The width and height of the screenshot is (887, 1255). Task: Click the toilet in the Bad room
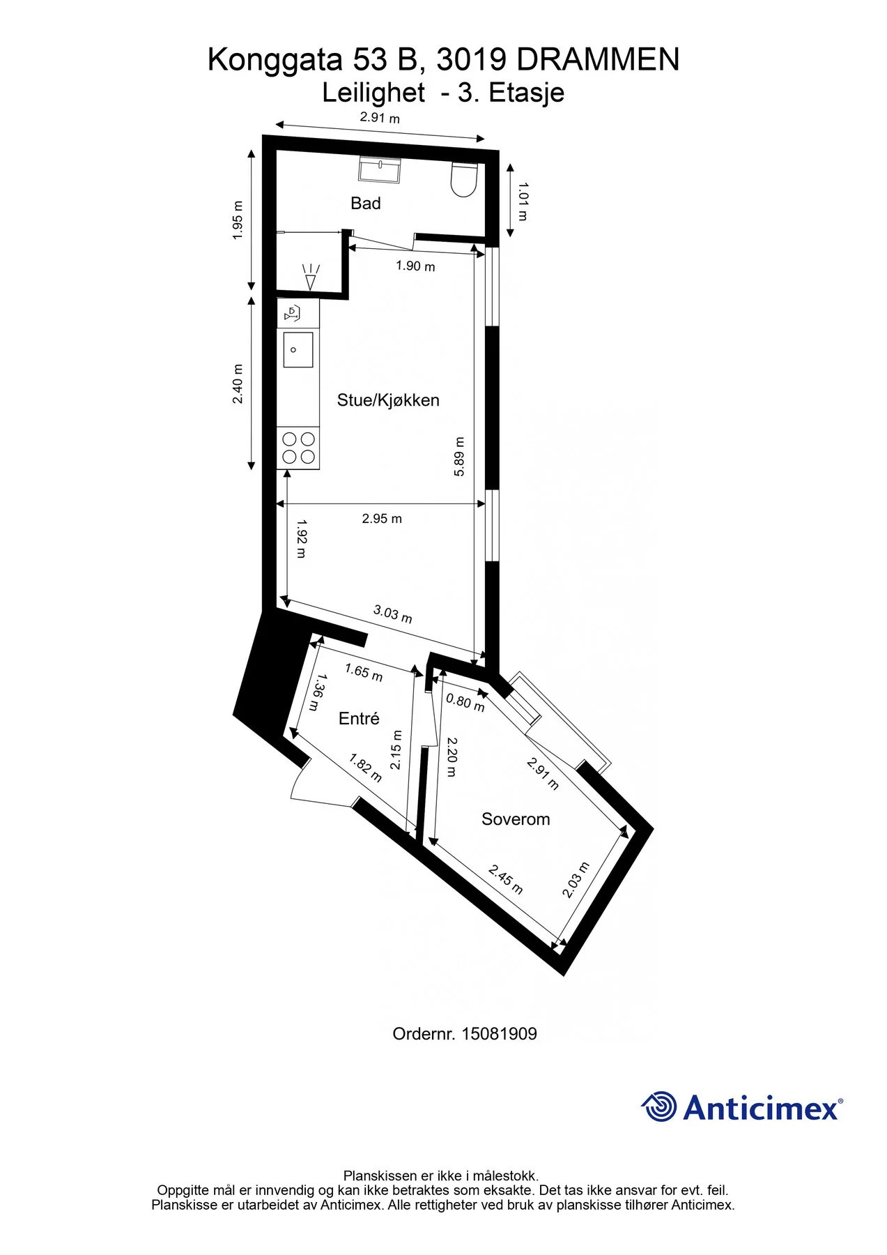(x=463, y=179)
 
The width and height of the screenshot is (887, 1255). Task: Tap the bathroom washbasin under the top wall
(x=380, y=169)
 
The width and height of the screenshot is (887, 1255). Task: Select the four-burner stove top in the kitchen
(x=298, y=448)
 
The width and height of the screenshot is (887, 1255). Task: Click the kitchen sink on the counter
(x=298, y=350)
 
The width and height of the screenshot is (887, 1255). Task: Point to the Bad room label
(x=366, y=204)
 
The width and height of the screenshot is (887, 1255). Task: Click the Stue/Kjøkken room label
(x=388, y=400)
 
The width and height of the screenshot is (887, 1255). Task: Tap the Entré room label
(x=359, y=718)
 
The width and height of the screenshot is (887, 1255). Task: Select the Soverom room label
(x=516, y=819)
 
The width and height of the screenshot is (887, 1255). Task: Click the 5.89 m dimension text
(x=459, y=457)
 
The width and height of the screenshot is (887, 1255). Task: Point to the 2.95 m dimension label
(x=382, y=519)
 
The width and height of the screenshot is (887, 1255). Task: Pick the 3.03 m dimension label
(x=393, y=614)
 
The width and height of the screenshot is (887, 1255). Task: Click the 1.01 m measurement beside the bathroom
(x=523, y=201)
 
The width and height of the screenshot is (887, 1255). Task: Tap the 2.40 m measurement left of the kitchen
(x=238, y=383)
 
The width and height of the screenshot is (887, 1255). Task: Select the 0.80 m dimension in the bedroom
(x=465, y=703)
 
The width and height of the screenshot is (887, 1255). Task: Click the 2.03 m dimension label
(x=576, y=880)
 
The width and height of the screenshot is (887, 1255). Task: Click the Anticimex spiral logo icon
(x=658, y=1106)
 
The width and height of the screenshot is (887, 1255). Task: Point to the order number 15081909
(x=499, y=1034)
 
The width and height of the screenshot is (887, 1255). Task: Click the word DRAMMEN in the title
(x=598, y=60)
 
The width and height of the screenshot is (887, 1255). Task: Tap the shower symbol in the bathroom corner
(x=311, y=277)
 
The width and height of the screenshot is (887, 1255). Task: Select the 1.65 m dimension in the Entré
(x=364, y=673)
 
